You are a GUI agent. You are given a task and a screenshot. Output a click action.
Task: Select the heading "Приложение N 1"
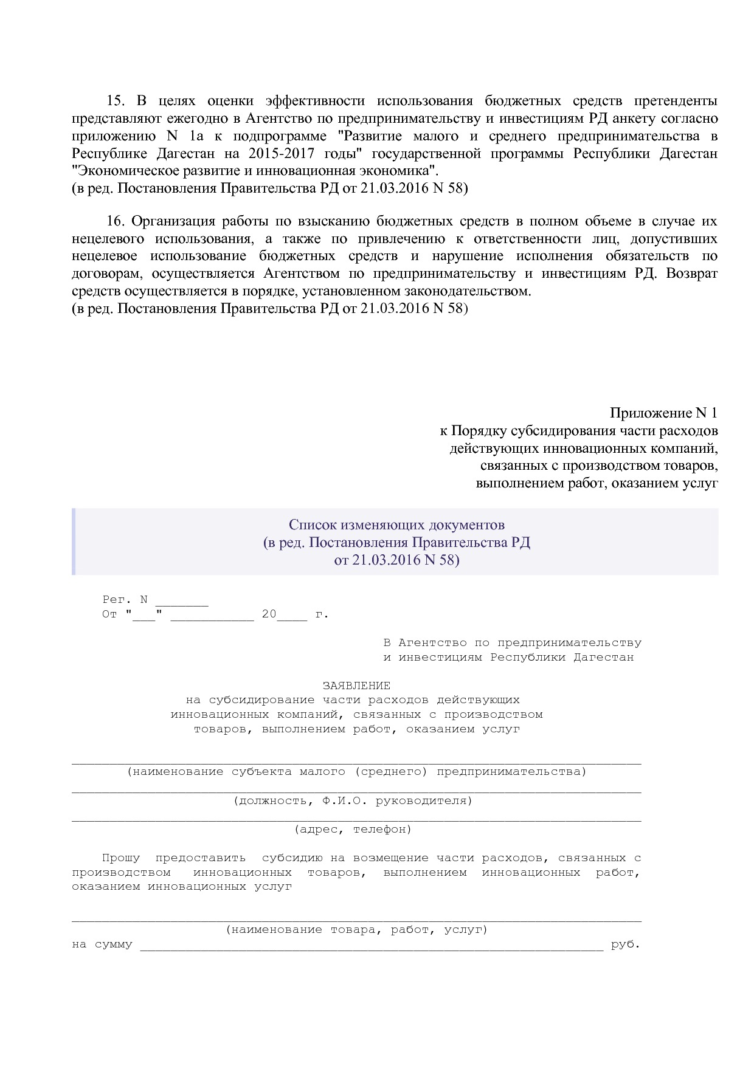click(x=663, y=413)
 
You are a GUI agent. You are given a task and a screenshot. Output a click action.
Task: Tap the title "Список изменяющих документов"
click(x=396, y=524)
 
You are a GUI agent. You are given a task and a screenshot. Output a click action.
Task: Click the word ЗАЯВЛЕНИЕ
click(x=356, y=686)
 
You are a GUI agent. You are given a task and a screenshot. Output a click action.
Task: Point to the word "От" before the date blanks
click(x=109, y=614)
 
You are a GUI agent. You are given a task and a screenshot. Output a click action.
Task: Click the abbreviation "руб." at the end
click(x=626, y=944)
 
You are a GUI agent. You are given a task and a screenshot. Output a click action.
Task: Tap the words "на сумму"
click(x=102, y=945)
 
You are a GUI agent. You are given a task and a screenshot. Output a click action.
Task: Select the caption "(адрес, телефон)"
click(x=353, y=829)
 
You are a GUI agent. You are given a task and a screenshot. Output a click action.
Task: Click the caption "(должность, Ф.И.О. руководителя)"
click(x=353, y=800)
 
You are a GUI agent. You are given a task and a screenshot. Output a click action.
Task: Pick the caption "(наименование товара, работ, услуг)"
click(x=356, y=930)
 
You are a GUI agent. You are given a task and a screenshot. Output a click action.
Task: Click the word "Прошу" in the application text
click(x=120, y=858)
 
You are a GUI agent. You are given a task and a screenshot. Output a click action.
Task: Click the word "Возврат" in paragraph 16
click(x=691, y=273)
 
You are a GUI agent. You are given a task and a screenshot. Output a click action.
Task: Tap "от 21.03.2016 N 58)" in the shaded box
click(x=396, y=560)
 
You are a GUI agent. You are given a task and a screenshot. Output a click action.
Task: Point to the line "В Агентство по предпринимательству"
click(x=512, y=643)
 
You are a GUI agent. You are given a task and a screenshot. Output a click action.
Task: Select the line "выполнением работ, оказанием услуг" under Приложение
click(x=597, y=484)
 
